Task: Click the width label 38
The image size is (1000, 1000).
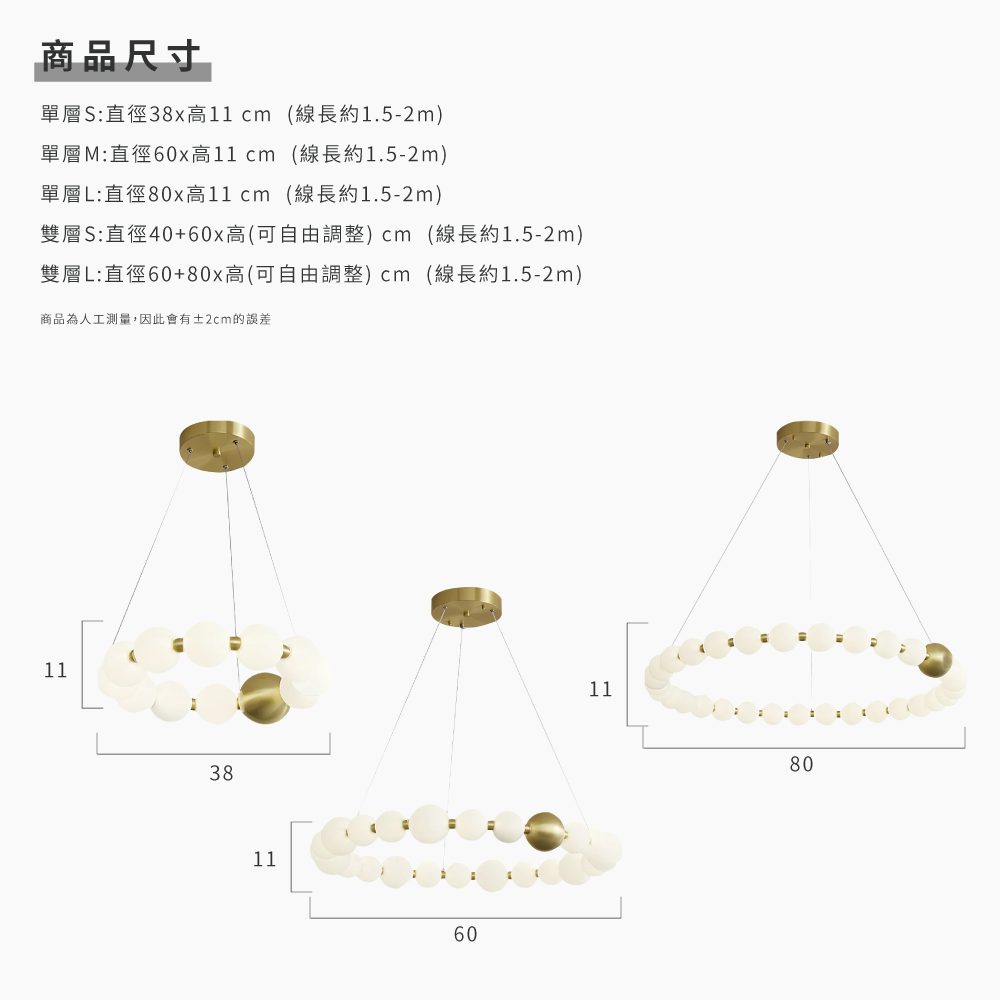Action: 221,773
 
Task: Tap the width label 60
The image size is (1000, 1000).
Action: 465,934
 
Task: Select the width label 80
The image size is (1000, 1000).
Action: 801,764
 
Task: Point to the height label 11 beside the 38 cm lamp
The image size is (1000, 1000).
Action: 56,670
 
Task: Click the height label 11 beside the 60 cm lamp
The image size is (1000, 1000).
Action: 264,859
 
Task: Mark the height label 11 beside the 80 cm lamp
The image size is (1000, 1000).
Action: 600,689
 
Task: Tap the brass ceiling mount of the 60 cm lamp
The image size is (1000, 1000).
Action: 467,606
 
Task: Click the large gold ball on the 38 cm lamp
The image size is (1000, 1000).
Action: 264,697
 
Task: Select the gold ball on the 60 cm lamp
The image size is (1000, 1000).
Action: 546,830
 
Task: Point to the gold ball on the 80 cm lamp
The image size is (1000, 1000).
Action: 937,661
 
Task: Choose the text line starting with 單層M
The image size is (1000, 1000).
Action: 244,154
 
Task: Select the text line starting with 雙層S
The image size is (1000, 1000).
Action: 311,234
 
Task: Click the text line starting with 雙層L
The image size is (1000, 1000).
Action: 311,274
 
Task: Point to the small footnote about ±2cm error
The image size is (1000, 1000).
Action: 155,319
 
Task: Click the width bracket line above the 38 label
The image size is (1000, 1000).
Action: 213,752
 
